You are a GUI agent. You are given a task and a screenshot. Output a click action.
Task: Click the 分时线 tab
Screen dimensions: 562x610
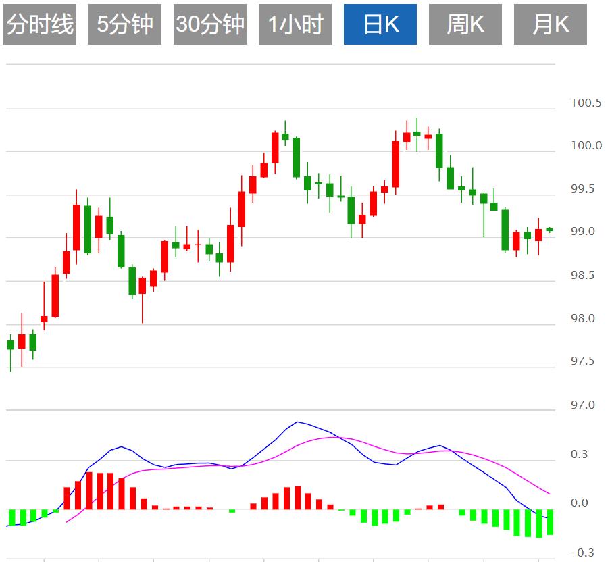[x=39, y=24]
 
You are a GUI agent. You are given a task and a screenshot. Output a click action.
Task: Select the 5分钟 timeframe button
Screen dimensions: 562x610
[x=125, y=24]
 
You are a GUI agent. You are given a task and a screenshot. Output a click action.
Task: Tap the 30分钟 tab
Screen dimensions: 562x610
[x=210, y=24]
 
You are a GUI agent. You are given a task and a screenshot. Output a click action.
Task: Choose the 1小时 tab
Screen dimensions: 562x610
[x=295, y=24]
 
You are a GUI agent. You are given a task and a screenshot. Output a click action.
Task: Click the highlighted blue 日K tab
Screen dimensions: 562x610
[x=380, y=24]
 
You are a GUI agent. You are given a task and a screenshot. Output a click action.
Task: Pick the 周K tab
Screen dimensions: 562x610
[x=465, y=24]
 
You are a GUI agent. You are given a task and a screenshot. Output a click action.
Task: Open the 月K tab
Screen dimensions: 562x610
[x=551, y=24]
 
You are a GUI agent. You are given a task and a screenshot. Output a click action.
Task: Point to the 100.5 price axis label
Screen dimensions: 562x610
[x=586, y=103]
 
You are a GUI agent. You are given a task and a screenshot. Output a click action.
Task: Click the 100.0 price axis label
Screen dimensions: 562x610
[x=586, y=146]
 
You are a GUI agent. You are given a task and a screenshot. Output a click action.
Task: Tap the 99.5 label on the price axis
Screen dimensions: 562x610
[x=586, y=189]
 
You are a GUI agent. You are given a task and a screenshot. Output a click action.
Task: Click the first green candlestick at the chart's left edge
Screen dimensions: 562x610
[x=10, y=344]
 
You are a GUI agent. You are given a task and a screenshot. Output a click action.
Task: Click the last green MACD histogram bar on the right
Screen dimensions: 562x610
[x=550, y=521]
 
